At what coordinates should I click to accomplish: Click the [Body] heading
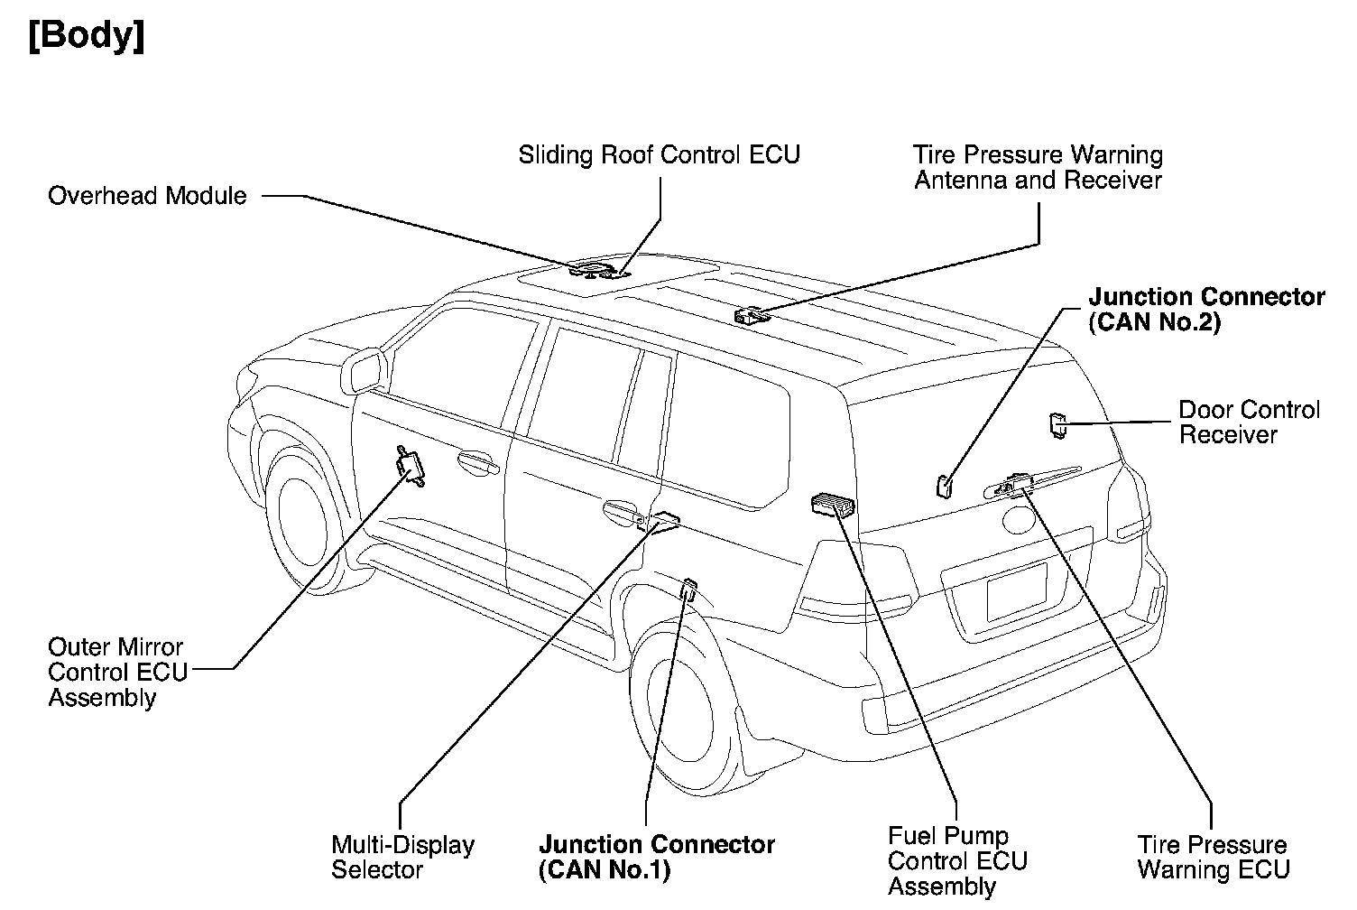[x=87, y=38]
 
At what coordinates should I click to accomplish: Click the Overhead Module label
[x=147, y=196]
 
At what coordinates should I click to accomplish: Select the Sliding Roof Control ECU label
[x=659, y=155]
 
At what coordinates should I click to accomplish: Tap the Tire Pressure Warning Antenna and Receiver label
[x=1038, y=168]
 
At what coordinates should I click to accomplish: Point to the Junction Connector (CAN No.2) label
[x=1206, y=310]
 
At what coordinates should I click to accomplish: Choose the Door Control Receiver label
[x=1249, y=422]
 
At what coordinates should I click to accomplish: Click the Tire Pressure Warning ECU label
[x=1213, y=858]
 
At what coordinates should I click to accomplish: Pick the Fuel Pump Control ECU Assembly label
[x=957, y=861]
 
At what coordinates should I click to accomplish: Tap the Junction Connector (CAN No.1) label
[x=656, y=858]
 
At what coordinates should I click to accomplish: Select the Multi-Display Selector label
[x=402, y=858]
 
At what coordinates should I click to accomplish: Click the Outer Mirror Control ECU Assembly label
[x=117, y=673]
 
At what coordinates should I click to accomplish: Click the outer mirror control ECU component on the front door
[x=411, y=467]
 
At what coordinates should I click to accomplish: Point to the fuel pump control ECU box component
[x=835, y=505]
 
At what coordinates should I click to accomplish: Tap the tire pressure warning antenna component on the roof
[x=751, y=314]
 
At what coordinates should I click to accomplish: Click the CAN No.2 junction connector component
[x=943, y=485]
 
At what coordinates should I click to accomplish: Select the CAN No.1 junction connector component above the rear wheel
[x=688, y=590]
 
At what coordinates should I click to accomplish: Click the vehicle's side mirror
[x=365, y=370]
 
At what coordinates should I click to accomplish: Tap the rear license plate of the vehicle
[x=1017, y=592]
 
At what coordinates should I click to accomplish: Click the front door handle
[x=477, y=464]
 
